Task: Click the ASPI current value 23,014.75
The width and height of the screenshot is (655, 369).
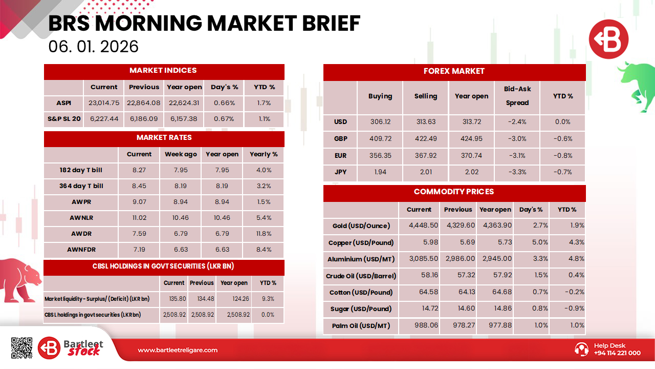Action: (104, 103)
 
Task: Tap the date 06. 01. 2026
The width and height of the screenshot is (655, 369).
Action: (93, 47)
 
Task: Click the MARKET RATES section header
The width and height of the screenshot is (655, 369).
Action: (164, 138)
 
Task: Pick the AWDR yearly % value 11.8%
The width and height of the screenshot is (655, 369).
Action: (264, 234)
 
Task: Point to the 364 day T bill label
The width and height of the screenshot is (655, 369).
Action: (81, 186)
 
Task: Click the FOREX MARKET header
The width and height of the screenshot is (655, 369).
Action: (454, 72)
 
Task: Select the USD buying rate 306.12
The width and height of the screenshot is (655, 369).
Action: (380, 122)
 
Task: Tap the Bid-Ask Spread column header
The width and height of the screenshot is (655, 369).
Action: (517, 96)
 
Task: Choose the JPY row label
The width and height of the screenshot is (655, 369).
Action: (340, 172)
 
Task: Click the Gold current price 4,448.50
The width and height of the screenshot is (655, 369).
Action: (423, 225)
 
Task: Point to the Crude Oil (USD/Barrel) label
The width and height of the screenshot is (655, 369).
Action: (361, 276)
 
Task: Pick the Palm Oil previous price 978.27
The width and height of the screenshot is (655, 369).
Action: (458, 325)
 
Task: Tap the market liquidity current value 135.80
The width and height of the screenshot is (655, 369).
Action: (174, 299)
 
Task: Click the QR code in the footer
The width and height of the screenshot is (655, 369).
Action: (21, 348)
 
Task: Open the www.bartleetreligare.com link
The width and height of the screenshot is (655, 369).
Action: (178, 350)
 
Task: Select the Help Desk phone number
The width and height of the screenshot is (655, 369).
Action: (617, 353)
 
